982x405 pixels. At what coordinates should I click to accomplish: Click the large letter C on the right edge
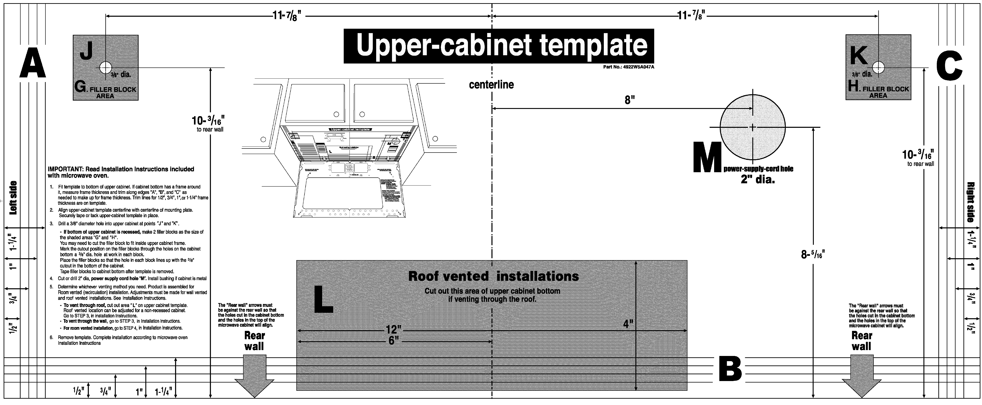click(949, 67)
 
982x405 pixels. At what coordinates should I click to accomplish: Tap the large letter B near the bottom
click(730, 369)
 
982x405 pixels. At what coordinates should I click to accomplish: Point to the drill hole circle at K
click(878, 67)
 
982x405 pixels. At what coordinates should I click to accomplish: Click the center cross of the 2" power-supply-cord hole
click(753, 127)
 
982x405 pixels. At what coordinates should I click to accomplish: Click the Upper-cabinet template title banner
click(499, 46)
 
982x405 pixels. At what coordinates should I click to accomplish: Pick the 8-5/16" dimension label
click(813, 254)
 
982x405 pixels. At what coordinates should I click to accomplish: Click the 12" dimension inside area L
click(393, 329)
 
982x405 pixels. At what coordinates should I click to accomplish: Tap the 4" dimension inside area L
click(628, 324)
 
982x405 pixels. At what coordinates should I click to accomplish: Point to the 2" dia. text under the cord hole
click(758, 179)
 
